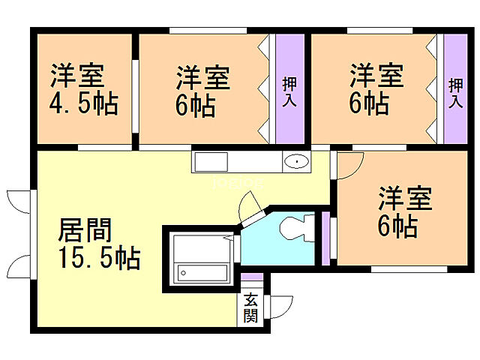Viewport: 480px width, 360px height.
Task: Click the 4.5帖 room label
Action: [84, 90]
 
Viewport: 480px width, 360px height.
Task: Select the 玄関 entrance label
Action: [250, 308]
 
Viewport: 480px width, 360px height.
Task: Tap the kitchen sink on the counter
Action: [211, 161]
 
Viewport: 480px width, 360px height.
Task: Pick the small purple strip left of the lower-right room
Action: [325, 238]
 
